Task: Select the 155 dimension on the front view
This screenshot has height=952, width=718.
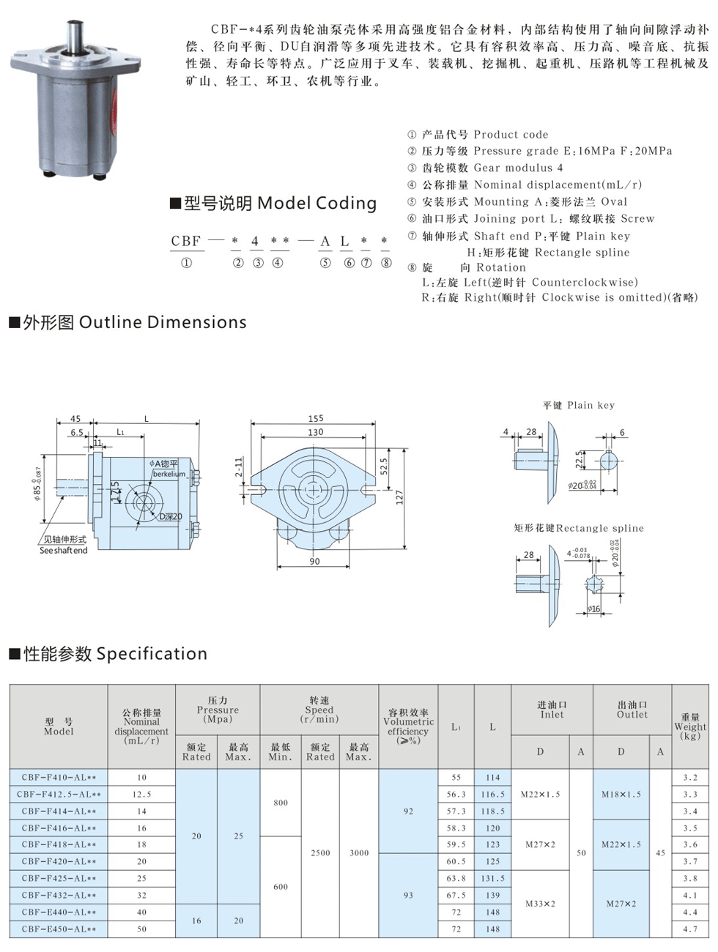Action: pyautogui.click(x=316, y=418)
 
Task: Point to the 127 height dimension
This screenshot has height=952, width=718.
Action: pyautogui.click(x=399, y=497)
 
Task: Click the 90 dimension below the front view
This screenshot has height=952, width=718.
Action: pyautogui.click(x=314, y=562)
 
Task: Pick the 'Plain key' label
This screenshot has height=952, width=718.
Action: pyautogui.click(x=579, y=405)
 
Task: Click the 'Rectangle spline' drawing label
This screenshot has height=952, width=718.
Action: pyautogui.click(x=579, y=528)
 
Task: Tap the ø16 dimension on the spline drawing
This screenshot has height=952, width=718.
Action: pyautogui.click(x=593, y=609)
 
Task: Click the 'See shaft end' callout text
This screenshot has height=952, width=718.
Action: pyautogui.click(x=63, y=551)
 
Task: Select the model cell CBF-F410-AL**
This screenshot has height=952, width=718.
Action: pyautogui.click(x=59, y=778)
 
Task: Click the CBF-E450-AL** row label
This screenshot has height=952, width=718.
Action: pyautogui.click(x=59, y=929)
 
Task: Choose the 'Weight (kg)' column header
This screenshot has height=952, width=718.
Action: pyautogui.click(x=690, y=726)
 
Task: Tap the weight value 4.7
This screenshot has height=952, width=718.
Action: pyautogui.click(x=690, y=929)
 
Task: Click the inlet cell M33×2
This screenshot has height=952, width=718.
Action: pyautogui.click(x=540, y=904)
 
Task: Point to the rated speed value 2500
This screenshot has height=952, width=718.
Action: pyautogui.click(x=320, y=853)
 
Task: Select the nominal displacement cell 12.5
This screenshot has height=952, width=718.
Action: pyautogui.click(x=141, y=795)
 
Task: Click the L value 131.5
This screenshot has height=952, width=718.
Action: pyautogui.click(x=492, y=878)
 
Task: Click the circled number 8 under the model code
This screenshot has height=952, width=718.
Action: pyautogui.click(x=386, y=263)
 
